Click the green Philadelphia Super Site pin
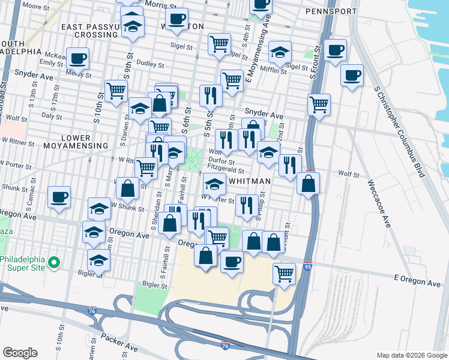click(x=53, y=263)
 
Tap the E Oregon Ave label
click(x=417, y=281)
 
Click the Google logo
click(x=20, y=352)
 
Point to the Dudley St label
click(x=151, y=64)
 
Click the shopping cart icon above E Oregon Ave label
click(x=284, y=273)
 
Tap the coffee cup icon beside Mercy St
click(x=77, y=58)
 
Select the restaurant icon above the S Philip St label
click(x=247, y=205)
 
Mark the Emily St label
click(x=52, y=63)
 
